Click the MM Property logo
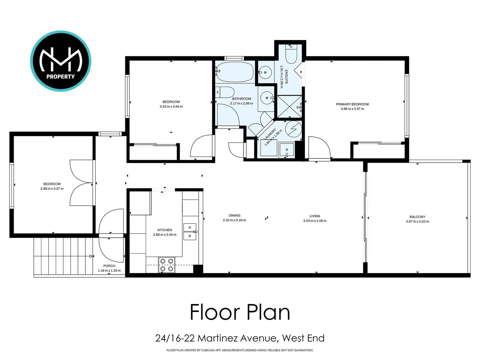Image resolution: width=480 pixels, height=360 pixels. click(61, 61)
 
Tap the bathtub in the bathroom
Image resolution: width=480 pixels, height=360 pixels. click(234, 72)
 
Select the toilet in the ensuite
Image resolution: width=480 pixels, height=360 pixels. click(291, 55)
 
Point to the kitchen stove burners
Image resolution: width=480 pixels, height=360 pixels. click(166, 265)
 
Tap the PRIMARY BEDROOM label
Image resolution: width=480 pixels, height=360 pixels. click(352, 104)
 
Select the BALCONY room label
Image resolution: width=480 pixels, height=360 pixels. click(417, 217)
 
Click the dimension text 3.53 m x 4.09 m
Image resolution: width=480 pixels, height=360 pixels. click(315, 221)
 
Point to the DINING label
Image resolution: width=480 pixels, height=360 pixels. click(234, 216)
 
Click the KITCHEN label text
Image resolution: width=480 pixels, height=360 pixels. click(165, 230)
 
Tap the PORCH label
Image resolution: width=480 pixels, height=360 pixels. click(109, 266)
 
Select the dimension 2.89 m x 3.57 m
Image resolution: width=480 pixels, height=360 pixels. click(52, 189)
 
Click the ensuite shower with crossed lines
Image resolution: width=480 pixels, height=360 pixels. click(289, 106)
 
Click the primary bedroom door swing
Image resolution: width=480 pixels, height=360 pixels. click(319, 148)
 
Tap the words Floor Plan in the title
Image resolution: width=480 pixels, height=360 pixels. click(240, 312)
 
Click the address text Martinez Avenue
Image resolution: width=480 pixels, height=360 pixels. click(237, 338)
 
